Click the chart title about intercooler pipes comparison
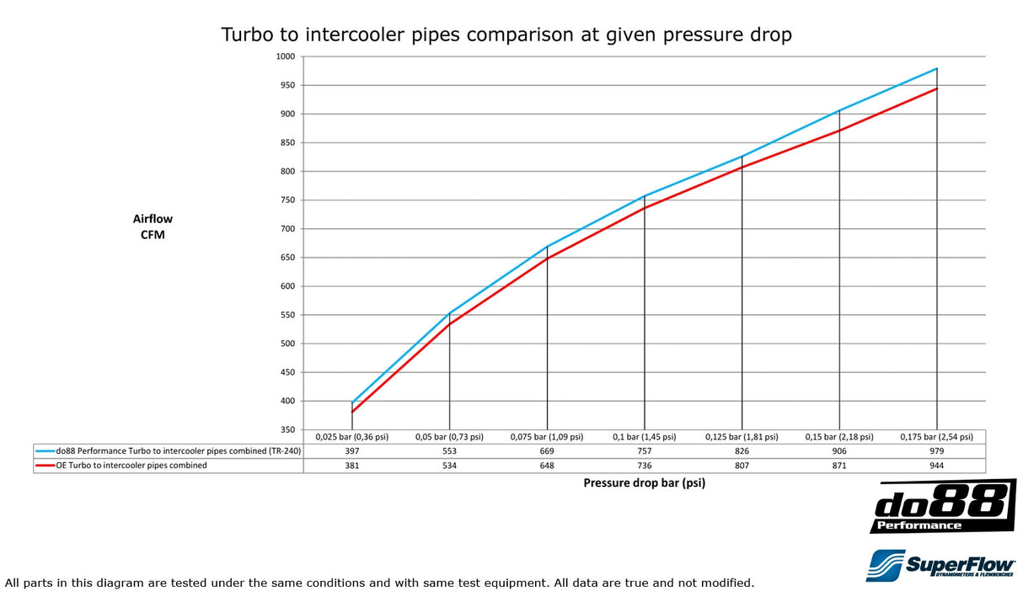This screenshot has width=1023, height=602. point(506,35)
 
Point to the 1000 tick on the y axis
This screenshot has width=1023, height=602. point(286,56)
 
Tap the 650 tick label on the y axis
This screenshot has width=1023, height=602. point(288,258)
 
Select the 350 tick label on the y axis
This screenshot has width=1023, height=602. point(288,430)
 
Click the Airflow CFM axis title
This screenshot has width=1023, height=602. point(153,226)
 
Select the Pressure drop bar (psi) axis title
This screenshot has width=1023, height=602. point(644,483)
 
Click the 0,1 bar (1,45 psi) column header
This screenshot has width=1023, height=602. point(645,437)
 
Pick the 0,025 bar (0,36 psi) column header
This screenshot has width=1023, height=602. point(351,437)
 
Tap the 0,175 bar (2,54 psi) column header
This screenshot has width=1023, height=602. point(937,437)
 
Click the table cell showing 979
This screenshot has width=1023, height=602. point(937,451)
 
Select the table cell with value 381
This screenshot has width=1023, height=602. point(351,466)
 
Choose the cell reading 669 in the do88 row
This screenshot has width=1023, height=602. point(547,451)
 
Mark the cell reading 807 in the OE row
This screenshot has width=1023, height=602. point(742,466)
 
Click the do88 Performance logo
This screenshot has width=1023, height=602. point(942,506)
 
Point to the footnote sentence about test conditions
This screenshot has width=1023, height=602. point(379,583)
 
